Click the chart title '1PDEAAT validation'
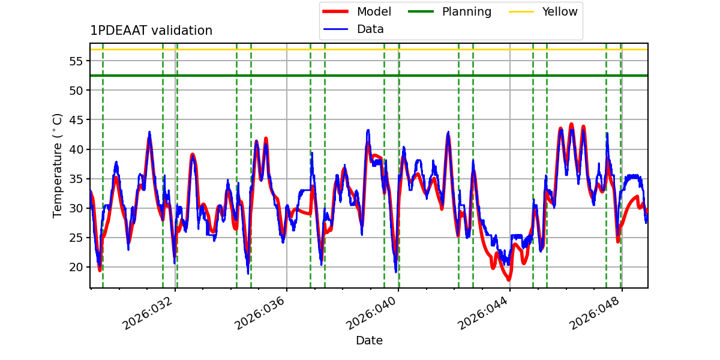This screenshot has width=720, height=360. pos(151,31)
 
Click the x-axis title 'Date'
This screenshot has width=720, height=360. pos(369,341)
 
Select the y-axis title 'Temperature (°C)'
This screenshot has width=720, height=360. pos(58,165)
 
